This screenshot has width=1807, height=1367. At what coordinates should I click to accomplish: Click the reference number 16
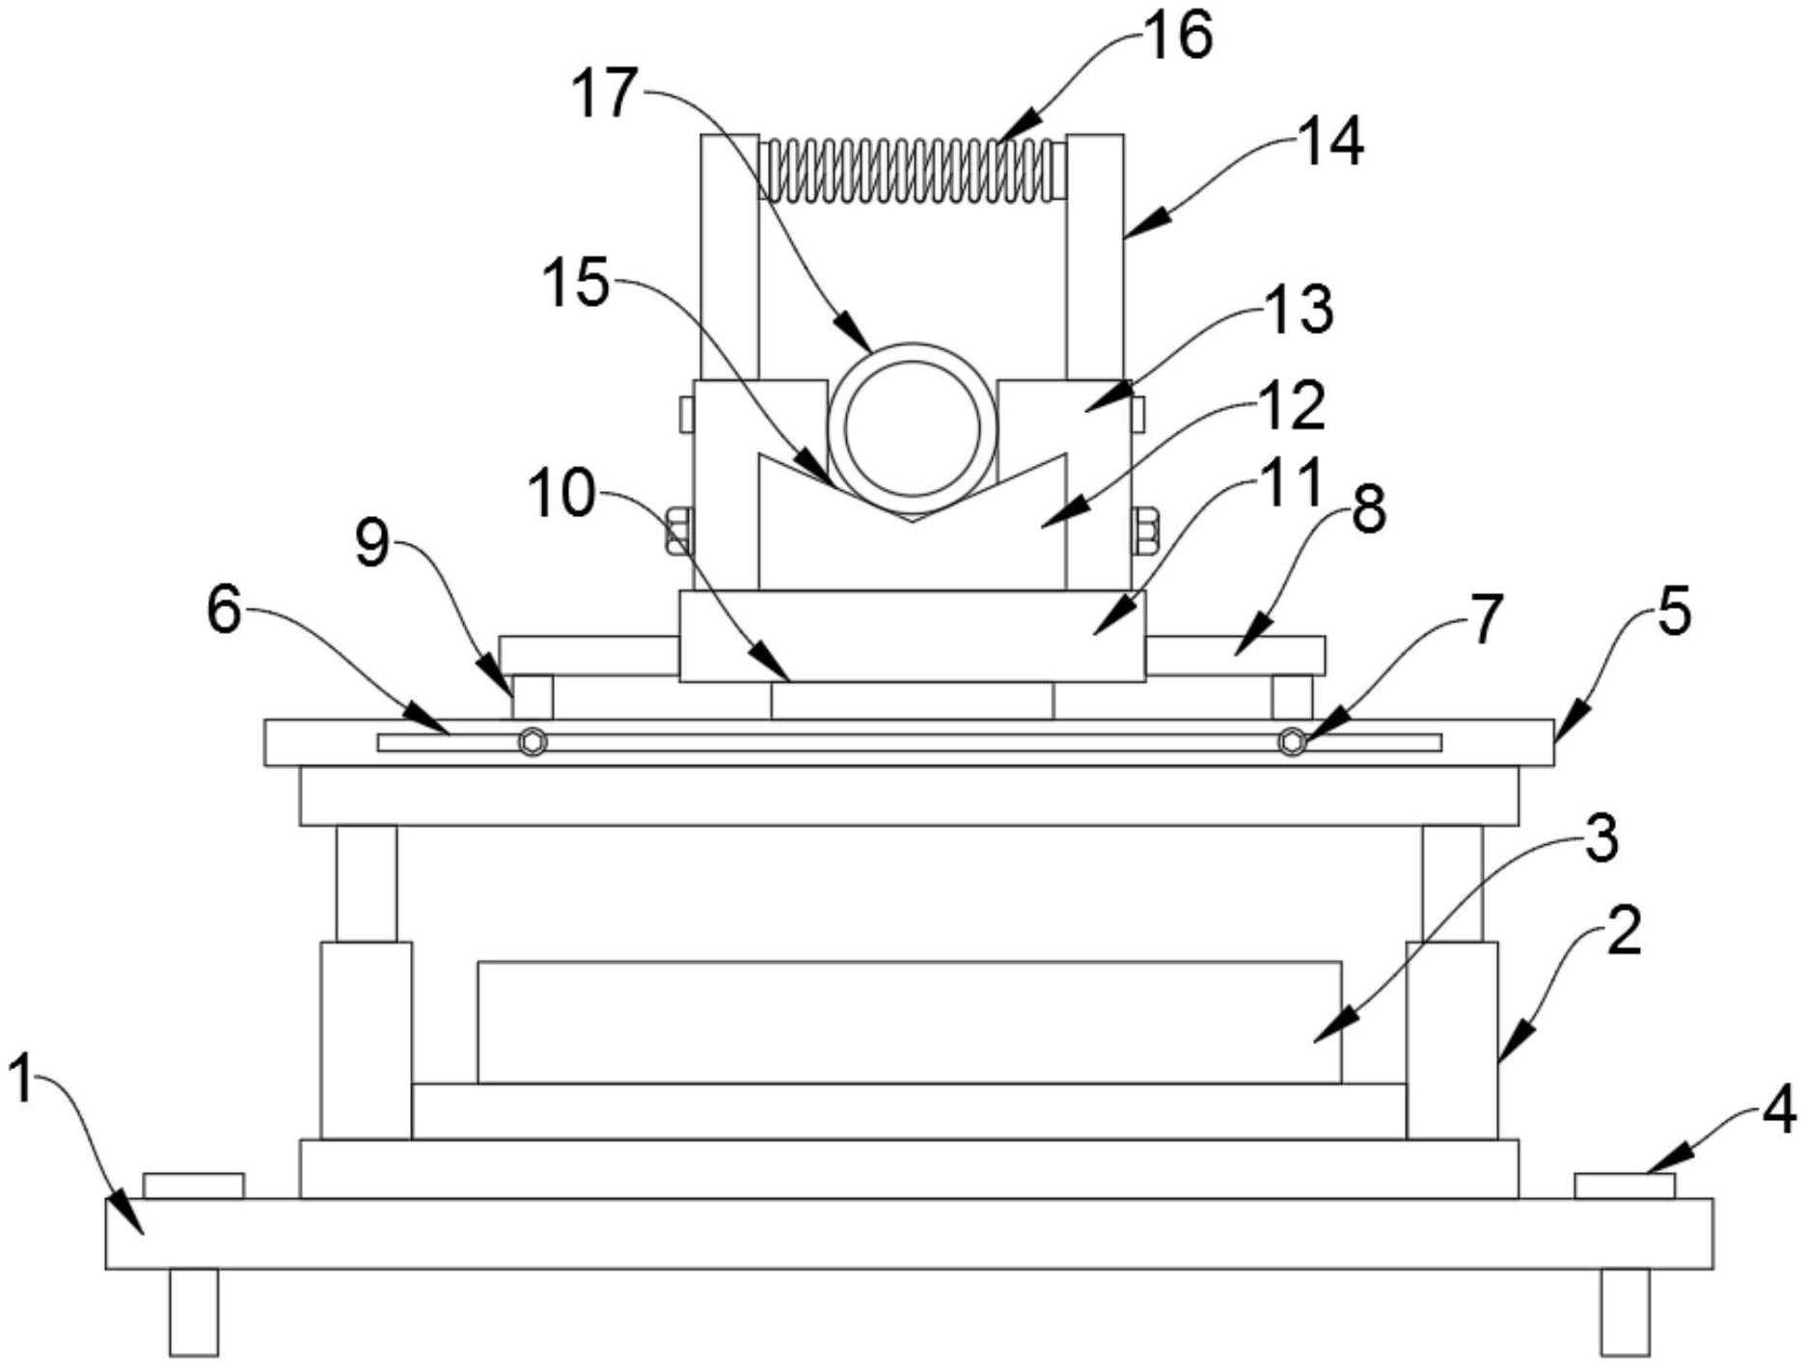[x=1177, y=37]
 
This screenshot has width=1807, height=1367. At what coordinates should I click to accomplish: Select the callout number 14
[x=1329, y=143]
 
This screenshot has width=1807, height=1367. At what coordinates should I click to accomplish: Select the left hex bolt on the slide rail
[x=532, y=742]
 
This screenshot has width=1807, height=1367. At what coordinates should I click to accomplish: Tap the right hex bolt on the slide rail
[x=1292, y=742]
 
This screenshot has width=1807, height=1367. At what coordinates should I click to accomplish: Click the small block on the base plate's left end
[x=193, y=1186]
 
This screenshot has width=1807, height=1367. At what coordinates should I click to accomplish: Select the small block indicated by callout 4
[x=1625, y=1186]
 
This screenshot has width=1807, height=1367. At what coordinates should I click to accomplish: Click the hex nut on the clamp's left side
[x=678, y=531]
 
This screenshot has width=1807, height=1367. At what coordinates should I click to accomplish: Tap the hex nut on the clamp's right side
[x=1145, y=531]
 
